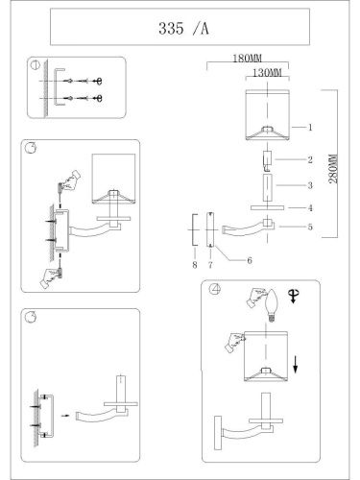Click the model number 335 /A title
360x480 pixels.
click(x=183, y=29)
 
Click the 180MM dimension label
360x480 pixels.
click(x=247, y=59)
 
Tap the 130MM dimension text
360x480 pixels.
click(x=267, y=73)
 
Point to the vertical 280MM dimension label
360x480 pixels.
click(x=333, y=169)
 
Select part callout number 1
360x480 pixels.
click(x=310, y=128)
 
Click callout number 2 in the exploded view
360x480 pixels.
click(x=310, y=159)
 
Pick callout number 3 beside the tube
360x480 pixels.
click(x=310, y=185)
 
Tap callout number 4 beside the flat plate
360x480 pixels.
click(x=310, y=208)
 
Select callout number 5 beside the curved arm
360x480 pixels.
click(x=310, y=227)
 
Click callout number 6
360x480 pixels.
click(x=250, y=260)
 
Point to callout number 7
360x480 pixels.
click(x=210, y=265)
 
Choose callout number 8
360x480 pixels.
click(x=195, y=265)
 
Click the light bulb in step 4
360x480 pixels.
click(x=272, y=305)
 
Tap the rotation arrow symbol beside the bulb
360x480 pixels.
click(x=293, y=296)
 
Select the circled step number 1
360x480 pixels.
click(x=35, y=65)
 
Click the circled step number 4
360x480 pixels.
click(x=215, y=289)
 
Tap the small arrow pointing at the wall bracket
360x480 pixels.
click(x=65, y=416)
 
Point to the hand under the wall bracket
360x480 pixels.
click(x=50, y=277)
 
